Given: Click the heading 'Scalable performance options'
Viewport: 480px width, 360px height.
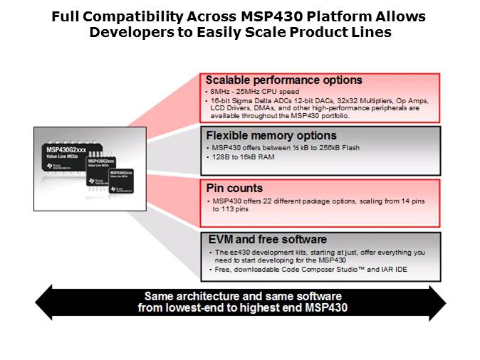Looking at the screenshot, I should [x=283, y=80].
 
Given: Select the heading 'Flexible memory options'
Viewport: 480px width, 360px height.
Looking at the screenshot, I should [x=271, y=135].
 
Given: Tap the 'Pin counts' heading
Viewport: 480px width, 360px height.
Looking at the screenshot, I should [x=234, y=189].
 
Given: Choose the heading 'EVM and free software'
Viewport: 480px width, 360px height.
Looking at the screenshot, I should [x=267, y=240].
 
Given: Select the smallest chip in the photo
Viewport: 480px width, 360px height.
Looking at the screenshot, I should [x=121, y=181].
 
